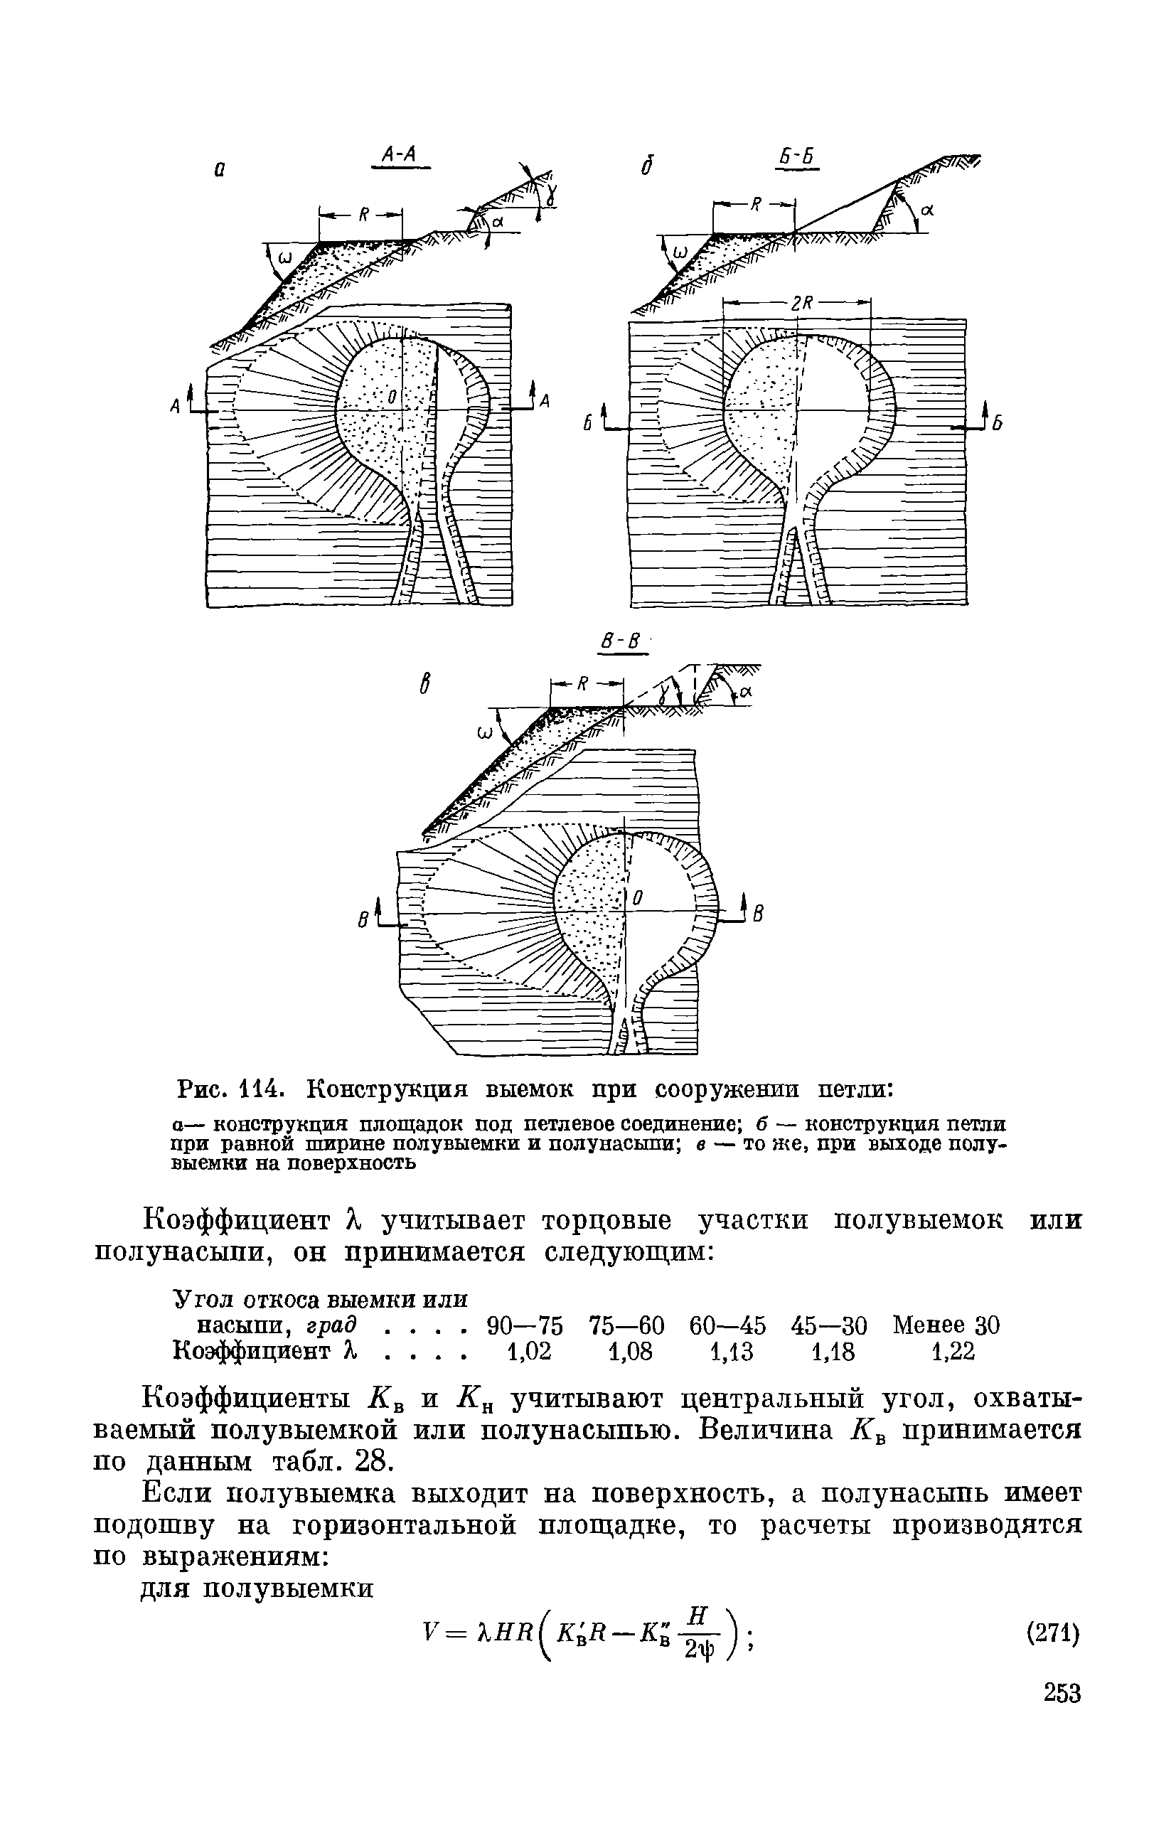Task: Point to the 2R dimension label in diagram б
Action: [802, 304]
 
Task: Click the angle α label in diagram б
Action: [926, 207]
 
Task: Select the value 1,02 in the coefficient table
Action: [530, 1350]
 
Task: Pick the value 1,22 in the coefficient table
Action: [952, 1350]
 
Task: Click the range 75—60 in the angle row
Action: [626, 1325]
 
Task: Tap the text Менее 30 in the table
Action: [946, 1325]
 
